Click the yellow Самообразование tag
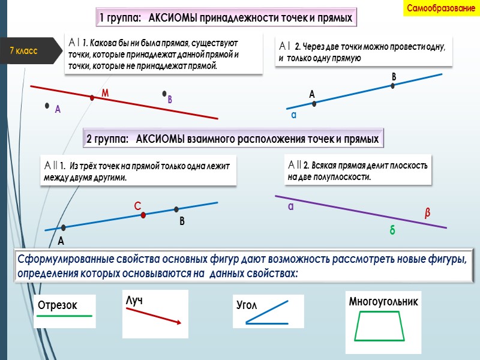tap(441, 8)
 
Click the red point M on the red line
tap(92, 97)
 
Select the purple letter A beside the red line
tap(58, 109)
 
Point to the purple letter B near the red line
tap(170, 100)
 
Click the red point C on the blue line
tap(143, 215)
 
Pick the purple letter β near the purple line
tap(428, 213)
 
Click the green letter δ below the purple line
tap(392, 230)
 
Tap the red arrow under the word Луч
tap(153, 314)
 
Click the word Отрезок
tap(58, 305)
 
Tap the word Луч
tap(134, 299)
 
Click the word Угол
tap(247, 305)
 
